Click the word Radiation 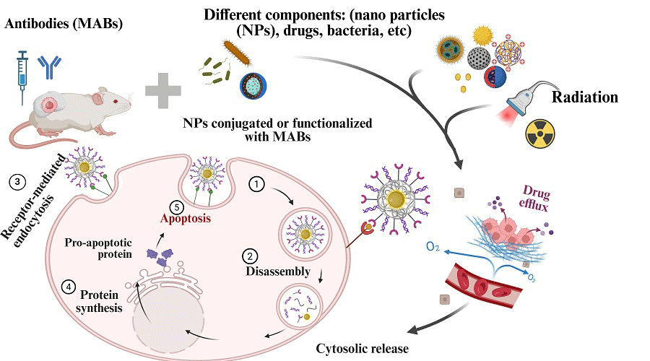[x=586, y=98]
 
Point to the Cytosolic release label [x=362, y=349]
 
